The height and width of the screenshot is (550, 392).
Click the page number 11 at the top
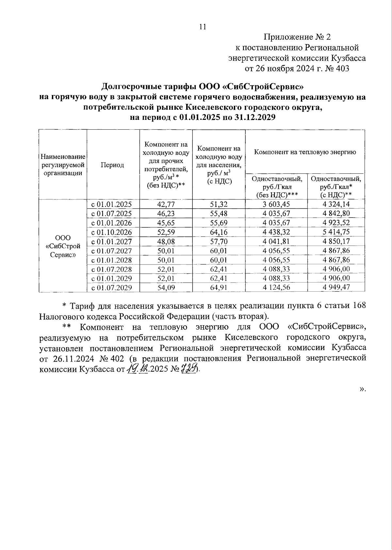203,27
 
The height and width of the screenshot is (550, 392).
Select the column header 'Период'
112,165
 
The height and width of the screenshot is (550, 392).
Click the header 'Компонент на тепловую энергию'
305,152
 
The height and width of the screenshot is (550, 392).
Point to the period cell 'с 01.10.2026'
111,232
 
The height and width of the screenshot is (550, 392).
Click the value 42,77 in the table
166,204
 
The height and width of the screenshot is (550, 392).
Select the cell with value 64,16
219,232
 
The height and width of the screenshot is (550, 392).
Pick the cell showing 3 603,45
276,204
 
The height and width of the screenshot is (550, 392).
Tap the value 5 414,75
336,232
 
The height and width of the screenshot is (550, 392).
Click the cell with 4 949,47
336,287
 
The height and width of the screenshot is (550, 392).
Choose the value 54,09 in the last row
166,287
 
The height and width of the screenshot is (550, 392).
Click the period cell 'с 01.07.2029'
111,287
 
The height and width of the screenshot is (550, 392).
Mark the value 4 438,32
276,232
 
